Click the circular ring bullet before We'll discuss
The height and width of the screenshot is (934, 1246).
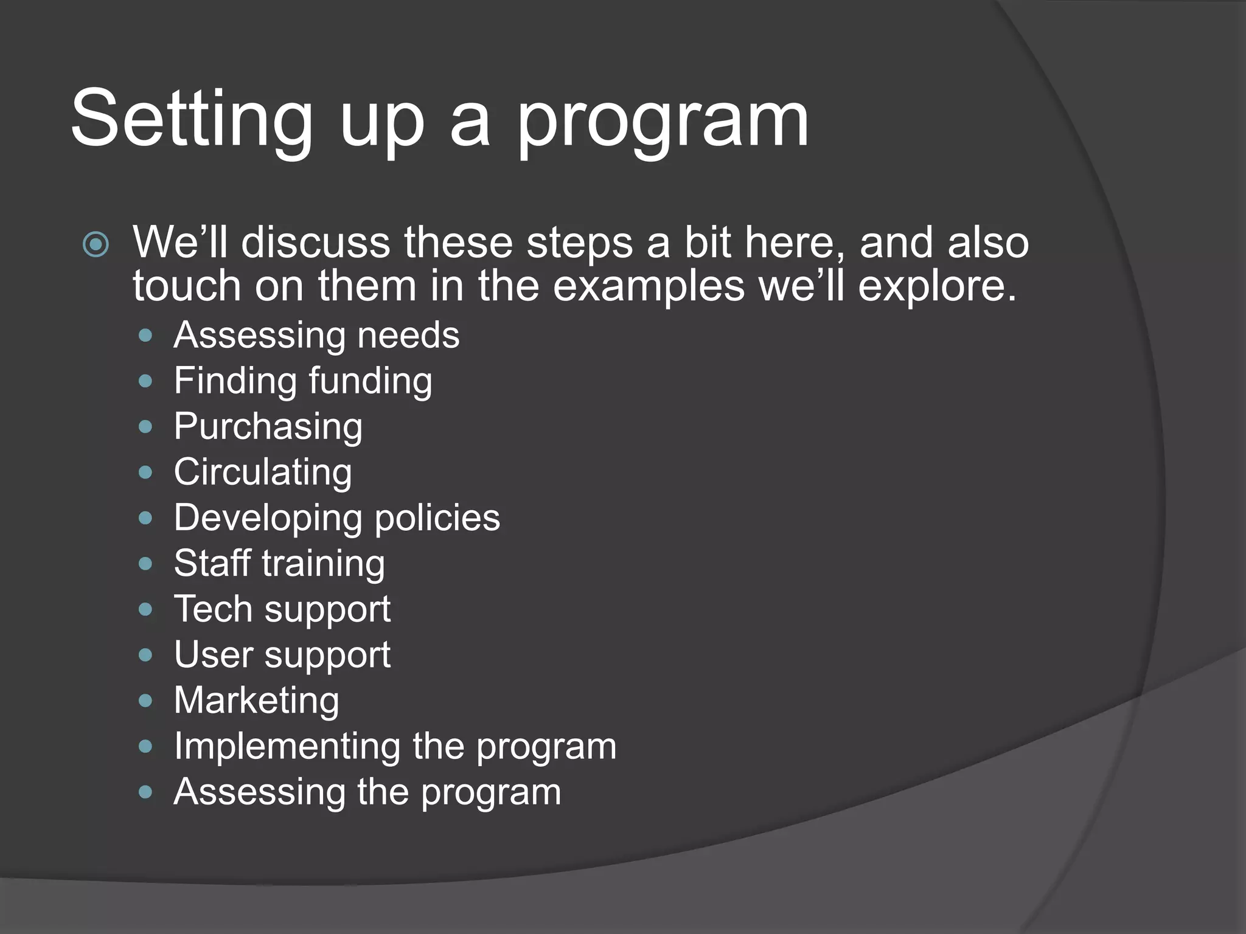[96, 244]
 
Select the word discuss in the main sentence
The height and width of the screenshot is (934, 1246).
[316, 243]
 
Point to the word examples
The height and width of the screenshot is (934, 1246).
[648, 286]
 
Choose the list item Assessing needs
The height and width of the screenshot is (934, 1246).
[316, 335]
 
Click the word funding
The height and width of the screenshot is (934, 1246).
[371, 381]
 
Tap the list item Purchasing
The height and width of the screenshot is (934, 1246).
[268, 427]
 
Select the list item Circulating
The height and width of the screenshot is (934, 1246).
[263, 472]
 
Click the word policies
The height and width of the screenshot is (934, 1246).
[437, 518]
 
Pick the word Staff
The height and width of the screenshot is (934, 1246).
[212, 563]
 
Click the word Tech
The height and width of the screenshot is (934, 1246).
[213, 609]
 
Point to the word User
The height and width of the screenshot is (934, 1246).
[213, 655]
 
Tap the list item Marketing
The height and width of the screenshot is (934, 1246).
[256, 700]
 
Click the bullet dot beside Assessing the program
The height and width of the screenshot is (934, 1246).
[145, 792]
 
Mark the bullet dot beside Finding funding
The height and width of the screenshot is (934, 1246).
[145, 381]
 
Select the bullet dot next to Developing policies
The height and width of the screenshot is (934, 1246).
[145, 518]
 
